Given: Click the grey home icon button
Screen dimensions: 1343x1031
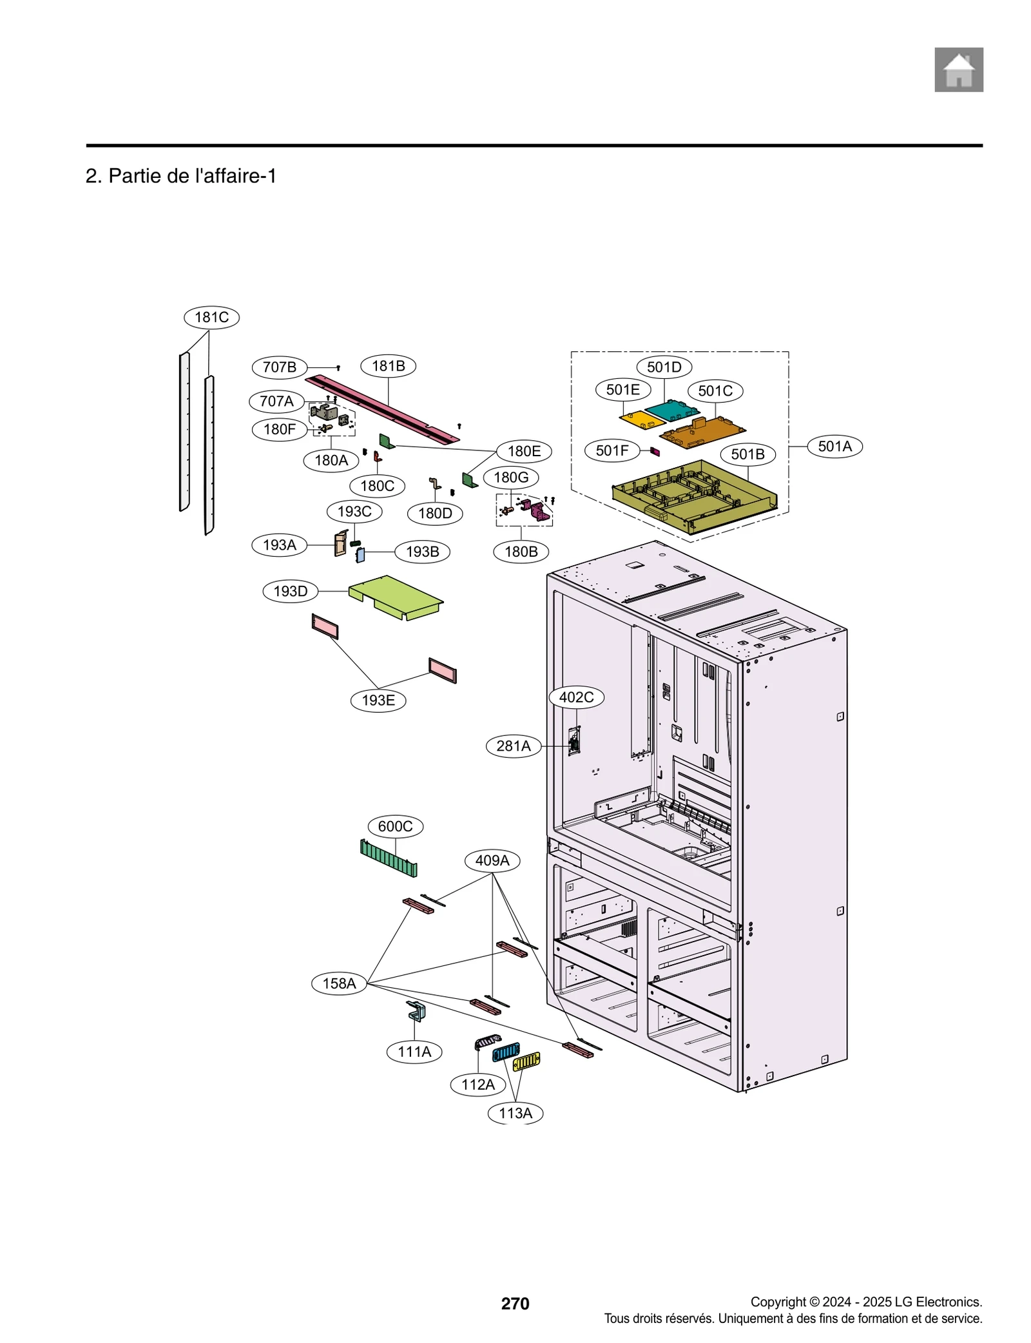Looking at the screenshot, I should pyautogui.click(x=958, y=70).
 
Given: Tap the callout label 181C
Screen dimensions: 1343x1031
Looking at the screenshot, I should pyautogui.click(x=211, y=317).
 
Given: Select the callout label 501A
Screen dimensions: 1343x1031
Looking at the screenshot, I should pyautogui.click(x=834, y=446).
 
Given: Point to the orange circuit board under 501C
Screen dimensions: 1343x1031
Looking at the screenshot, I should pyautogui.click(x=702, y=432).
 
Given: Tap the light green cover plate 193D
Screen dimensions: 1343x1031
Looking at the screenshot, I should pyautogui.click(x=394, y=596).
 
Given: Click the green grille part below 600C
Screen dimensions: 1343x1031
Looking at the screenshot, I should pyautogui.click(x=388, y=858).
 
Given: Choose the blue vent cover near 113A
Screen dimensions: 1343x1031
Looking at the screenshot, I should pyautogui.click(x=505, y=1052).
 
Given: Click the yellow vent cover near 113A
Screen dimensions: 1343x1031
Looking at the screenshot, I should pyautogui.click(x=526, y=1060).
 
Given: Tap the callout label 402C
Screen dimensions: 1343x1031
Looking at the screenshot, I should pyautogui.click(x=576, y=697).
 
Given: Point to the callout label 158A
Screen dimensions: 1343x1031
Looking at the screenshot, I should pyautogui.click(x=339, y=983).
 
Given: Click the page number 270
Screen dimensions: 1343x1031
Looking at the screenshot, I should pyautogui.click(x=515, y=1303).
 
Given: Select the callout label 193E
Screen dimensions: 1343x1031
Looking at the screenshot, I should pyautogui.click(x=378, y=700).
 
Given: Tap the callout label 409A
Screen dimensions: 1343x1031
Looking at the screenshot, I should pyautogui.click(x=492, y=860).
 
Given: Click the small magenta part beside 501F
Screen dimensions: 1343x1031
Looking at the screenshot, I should pyautogui.click(x=655, y=451).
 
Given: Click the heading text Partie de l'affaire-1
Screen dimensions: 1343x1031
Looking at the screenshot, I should pyautogui.click(x=181, y=176).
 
